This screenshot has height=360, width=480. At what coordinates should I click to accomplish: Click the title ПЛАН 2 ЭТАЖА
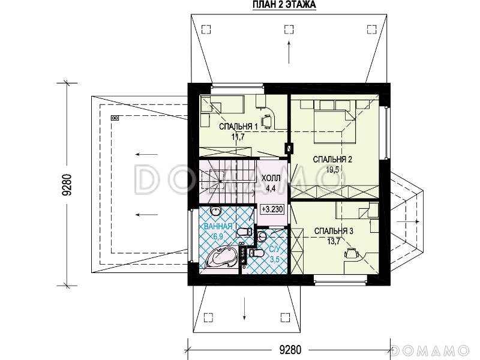pos(284,5)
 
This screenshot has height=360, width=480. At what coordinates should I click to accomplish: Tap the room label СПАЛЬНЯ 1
pos(238,127)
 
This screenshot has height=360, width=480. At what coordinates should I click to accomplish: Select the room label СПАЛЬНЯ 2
pos(332,159)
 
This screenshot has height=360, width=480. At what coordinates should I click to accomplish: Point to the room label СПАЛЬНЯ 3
pos(334,231)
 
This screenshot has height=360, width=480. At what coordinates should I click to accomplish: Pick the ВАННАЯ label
pos(218,227)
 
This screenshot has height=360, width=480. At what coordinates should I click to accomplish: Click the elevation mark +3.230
pos(272,209)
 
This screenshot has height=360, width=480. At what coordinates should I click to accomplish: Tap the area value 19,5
pos(332,170)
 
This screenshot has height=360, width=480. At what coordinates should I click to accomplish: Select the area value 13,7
pos(334,242)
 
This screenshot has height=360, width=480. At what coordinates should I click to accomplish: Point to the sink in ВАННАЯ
pos(216,211)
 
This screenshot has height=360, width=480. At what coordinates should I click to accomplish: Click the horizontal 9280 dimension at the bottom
pos(290,349)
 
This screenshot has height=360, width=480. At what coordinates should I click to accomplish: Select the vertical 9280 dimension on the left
pos(67,185)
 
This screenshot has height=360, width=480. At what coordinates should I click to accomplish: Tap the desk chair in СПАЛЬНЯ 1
pos(266,121)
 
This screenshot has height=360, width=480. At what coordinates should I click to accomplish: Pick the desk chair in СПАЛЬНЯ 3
pos(350,254)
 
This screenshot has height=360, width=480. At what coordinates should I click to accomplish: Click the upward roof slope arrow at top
pos(289,52)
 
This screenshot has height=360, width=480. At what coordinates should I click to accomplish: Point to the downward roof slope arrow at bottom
pos(245,308)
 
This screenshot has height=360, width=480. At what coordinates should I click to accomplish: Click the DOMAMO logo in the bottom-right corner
pos(430,350)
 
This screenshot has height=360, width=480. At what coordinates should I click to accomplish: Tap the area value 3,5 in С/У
pos(275,259)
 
